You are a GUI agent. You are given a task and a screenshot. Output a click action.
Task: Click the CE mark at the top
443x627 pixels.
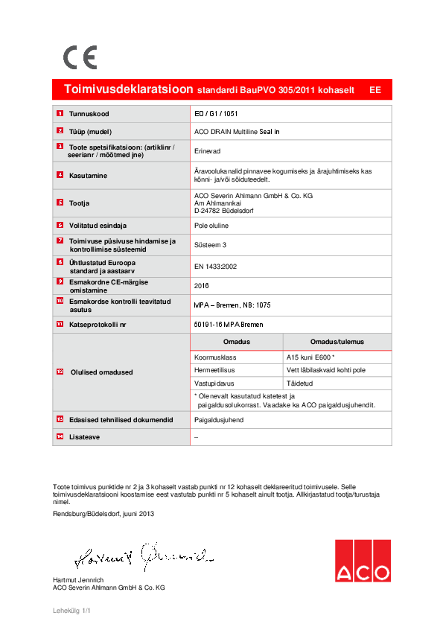pyautogui.click(x=80, y=57)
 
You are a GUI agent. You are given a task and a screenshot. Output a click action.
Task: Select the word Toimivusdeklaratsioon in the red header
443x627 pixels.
pyautogui.click(x=129, y=89)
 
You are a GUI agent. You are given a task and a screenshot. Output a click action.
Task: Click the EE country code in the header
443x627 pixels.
pyautogui.click(x=375, y=89)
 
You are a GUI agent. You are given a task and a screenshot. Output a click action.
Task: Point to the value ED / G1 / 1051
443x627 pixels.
pyautogui.click(x=216, y=114)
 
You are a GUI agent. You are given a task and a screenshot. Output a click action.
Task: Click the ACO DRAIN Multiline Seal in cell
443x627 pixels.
pyautogui.click(x=237, y=131)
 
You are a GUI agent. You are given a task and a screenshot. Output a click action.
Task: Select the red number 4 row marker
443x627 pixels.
pyautogui.click(x=60, y=175)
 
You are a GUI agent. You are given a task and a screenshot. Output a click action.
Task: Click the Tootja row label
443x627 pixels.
pyautogui.click(x=81, y=202)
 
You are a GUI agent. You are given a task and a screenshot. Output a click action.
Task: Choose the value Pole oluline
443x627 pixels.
pyautogui.click(x=211, y=225)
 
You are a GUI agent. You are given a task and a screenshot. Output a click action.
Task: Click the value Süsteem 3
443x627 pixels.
pyautogui.click(x=210, y=244)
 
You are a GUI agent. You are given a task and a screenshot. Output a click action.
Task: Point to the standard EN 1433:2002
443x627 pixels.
pyautogui.click(x=215, y=266)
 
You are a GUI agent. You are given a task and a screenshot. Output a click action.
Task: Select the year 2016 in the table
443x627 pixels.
pyautogui.click(x=202, y=285)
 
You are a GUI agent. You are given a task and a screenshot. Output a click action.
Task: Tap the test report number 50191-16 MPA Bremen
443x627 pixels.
pyautogui.click(x=228, y=325)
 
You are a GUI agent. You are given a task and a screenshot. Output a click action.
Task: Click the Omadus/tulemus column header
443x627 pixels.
pyautogui.click(x=337, y=342)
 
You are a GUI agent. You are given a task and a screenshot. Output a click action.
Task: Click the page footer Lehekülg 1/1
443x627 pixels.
pyautogui.click(x=71, y=611)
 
